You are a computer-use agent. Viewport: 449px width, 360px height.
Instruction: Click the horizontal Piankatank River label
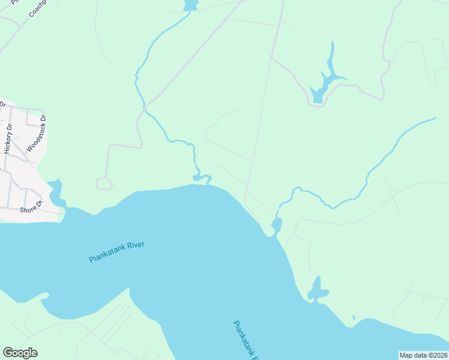[x=118, y=251]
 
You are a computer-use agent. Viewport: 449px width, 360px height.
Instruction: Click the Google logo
[x=20, y=353]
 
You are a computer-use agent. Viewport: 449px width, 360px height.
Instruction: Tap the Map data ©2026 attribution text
[x=424, y=355]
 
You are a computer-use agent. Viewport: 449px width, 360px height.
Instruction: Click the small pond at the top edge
[x=190, y=5]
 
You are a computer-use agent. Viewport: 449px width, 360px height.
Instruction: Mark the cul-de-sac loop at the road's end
[x=104, y=184]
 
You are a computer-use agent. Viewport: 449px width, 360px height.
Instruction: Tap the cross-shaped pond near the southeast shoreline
[x=318, y=291]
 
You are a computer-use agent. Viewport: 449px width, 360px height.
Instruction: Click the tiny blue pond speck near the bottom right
[x=354, y=317]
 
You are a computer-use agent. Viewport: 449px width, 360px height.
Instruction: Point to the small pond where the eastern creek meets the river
[x=276, y=226]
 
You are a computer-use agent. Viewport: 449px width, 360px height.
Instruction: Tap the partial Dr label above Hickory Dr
[x=2, y=104]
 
